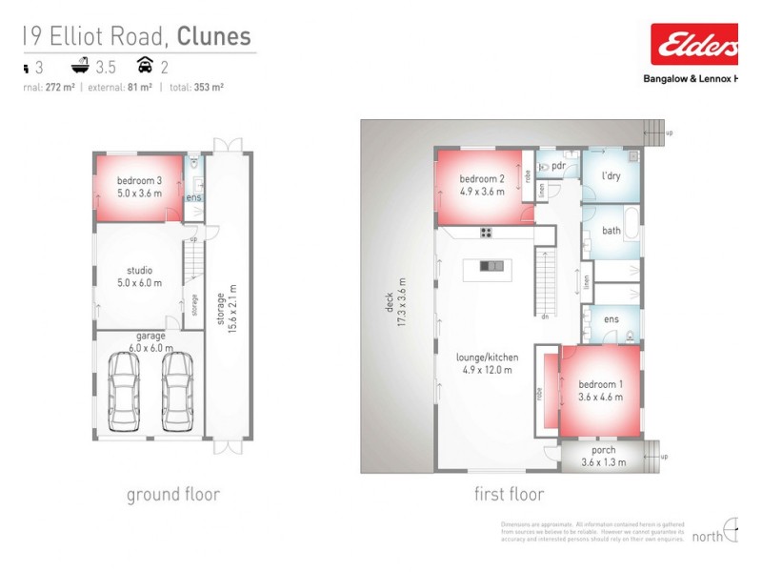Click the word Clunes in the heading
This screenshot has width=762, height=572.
click(214, 37)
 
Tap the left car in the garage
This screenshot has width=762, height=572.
click(125, 391)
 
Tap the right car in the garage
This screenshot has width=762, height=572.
click(177, 391)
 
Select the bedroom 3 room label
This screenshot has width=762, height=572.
click(139, 186)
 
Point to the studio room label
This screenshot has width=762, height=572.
click(139, 276)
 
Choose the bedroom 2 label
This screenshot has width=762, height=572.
click(481, 184)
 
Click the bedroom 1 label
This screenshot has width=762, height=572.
click(600, 391)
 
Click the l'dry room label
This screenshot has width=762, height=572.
click(612, 177)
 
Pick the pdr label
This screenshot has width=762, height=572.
click(559, 165)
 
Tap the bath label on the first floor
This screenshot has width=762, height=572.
click(612, 231)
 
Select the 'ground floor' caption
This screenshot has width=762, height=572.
click(173, 494)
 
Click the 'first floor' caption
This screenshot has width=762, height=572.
click(509, 494)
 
